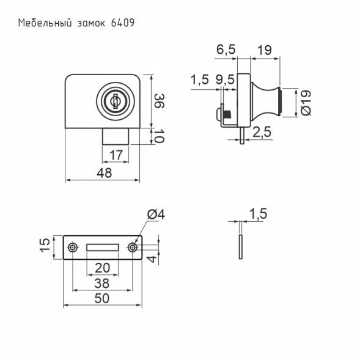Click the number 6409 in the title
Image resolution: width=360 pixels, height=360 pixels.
point(123,23)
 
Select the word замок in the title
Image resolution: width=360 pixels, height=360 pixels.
point(92,23)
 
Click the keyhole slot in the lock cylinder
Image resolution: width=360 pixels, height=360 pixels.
point(115,101)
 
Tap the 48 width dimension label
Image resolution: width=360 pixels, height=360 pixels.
point(105,172)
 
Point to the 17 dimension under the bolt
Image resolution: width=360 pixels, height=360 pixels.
point(116,155)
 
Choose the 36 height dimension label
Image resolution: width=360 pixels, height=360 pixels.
point(159,101)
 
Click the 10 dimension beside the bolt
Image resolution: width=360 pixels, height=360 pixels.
point(158,136)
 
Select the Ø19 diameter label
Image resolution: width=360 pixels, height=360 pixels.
point(306,103)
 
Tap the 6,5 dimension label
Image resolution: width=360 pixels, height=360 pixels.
point(226,50)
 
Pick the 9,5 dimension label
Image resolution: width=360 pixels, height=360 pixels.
point(225,79)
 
